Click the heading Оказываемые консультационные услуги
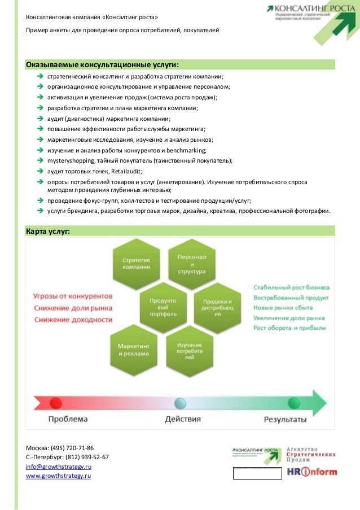pyautogui.click(x=106, y=64)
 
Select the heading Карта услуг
pyautogui.click(x=48, y=230)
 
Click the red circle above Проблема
pyautogui.click(x=56, y=403)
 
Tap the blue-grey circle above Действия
pyautogui.click(x=180, y=403)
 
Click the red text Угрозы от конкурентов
pyautogui.click(x=73, y=296)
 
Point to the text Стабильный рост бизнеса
pyautogui.click(x=291, y=287)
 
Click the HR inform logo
pyautogui.click(x=311, y=472)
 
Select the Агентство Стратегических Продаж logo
pyautogui.click(x=311, y=451)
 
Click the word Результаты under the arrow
pyautogui.click(x=286, y=419)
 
